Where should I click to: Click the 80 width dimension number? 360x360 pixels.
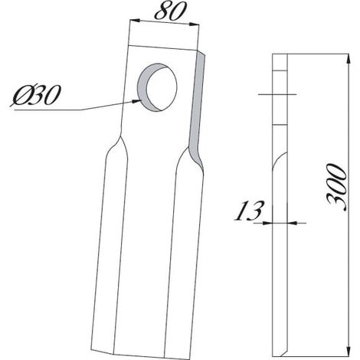(169, 12)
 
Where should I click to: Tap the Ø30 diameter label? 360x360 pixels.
(35, 95)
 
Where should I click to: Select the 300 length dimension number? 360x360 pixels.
(337, 188)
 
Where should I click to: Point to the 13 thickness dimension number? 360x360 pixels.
(249, 211)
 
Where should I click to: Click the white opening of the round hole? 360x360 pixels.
(162, 87)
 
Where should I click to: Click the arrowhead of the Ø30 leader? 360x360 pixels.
(137, 101)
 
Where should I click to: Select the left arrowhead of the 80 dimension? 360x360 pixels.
(135, 21)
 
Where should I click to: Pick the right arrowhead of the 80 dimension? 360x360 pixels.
(194, 25)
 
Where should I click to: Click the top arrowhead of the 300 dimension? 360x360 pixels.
(348, 59)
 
